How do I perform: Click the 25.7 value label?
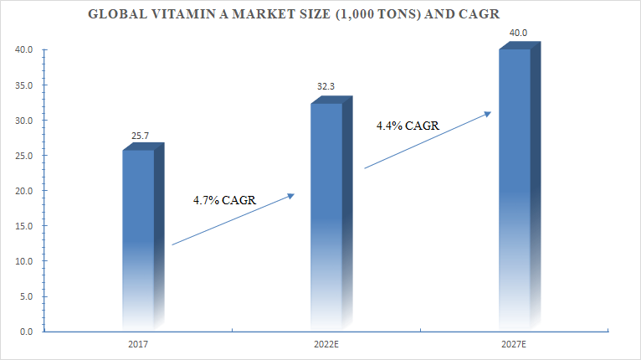click(139, 136)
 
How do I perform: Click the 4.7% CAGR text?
click(223, 199)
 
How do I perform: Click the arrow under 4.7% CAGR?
click(233, 219)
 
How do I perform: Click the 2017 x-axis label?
click(139, 344)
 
